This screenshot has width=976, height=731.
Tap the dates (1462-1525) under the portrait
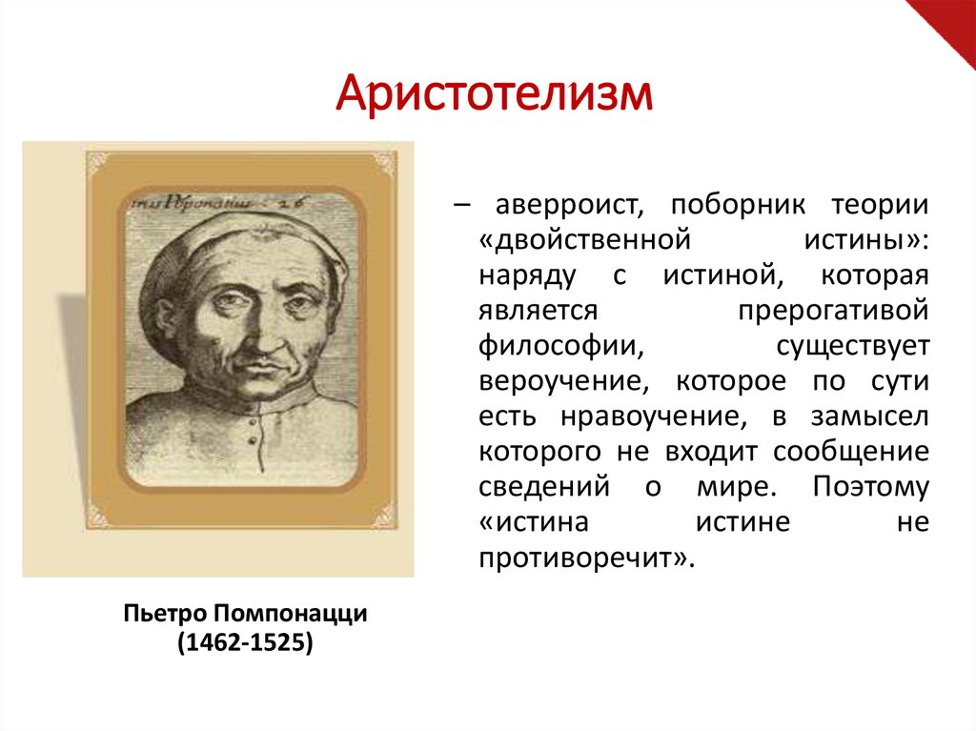point(245,643)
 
